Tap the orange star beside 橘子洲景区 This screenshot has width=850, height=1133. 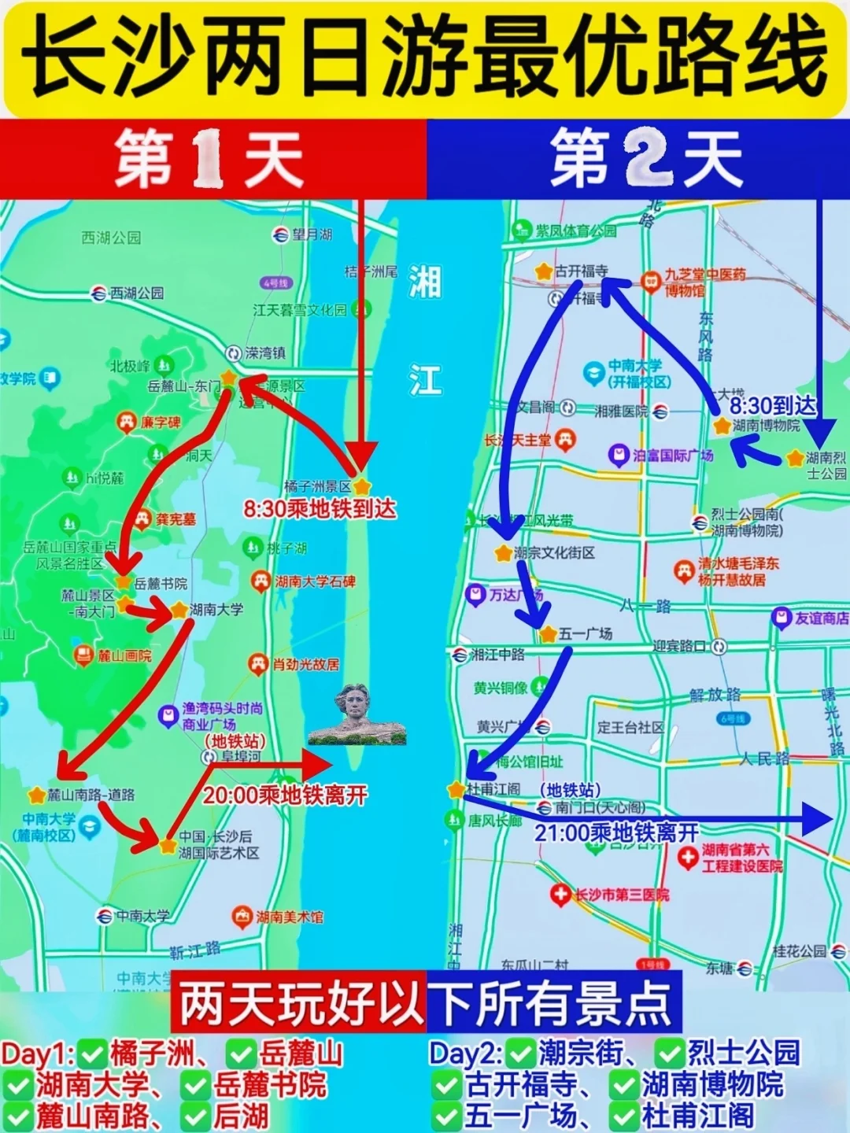coord(362,486)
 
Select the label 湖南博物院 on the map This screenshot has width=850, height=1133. coord(766,426)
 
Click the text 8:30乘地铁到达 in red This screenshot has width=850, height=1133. coord(320,509)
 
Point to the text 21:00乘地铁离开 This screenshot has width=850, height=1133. coord(616,832)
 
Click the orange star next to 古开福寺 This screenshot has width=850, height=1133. coord(543,271)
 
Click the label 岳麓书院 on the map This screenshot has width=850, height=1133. coord(161,583)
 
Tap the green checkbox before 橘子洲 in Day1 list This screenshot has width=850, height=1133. coord(94,1053)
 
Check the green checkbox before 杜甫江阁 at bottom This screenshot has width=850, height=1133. coord(624,1116)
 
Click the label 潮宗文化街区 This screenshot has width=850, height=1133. coord(554,553)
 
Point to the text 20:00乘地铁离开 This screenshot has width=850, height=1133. coord(285,795)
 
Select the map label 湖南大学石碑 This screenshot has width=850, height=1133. coord(315,581)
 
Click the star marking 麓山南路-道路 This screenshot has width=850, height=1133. coord(37,795)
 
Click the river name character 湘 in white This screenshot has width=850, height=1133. coord(425,282)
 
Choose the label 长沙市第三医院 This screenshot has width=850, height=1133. coord(622,895)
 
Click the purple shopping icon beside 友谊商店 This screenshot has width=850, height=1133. coord(781,618)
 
